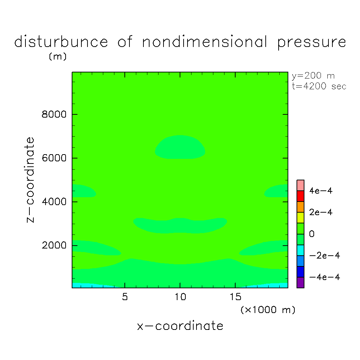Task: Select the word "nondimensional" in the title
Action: point(205,42)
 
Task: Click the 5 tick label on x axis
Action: point(124,297)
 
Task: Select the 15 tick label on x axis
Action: point(235,297)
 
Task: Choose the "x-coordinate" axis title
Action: point(180,326)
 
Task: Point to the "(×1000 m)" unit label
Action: point(268,310)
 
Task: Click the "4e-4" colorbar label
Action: point(321,191)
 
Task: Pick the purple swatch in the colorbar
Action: point(300,283)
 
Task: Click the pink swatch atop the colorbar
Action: point(300,185)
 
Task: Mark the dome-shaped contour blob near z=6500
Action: point(180,147)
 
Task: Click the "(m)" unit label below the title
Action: point(58,57)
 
